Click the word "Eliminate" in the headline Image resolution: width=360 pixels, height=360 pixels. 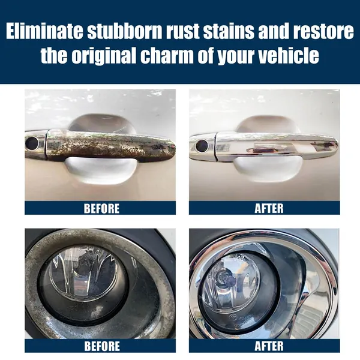click(x=44, y=31)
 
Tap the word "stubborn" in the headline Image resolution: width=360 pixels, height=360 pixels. click(x=125, y=31)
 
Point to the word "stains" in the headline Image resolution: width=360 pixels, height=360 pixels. click(x=229, y=31)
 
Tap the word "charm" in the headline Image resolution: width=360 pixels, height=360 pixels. click(x=167, y=55)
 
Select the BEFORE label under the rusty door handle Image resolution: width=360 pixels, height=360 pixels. click(x=101, y=208)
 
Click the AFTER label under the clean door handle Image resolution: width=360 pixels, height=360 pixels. click(x=269, y=208)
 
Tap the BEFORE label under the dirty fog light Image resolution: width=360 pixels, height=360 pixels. click(x=102, y=346)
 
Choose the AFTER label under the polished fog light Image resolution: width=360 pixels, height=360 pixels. click(x=269, y=346)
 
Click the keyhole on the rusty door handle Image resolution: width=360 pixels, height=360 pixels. click(x=32, y=143)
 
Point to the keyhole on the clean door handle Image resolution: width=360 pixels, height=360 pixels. click(x=202, y=145)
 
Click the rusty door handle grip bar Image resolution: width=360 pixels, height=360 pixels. click(x=110, y=145)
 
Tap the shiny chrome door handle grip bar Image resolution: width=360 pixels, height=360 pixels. click(x=275, y=145)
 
